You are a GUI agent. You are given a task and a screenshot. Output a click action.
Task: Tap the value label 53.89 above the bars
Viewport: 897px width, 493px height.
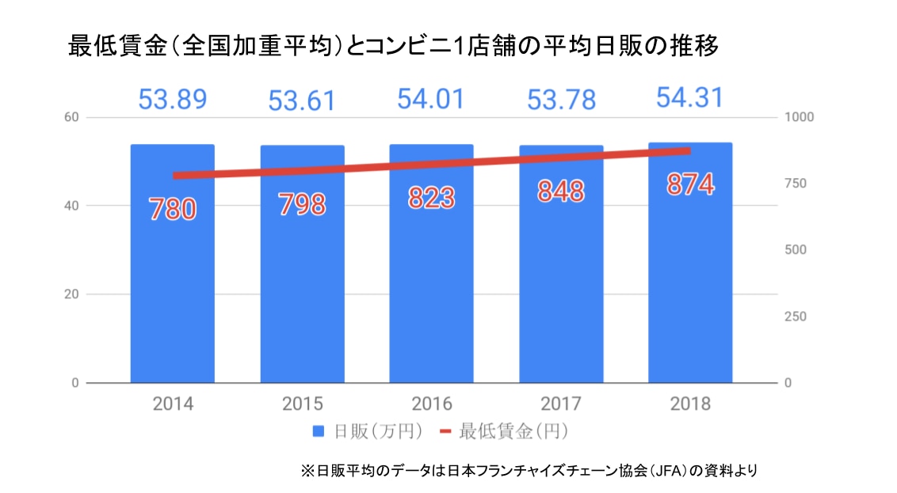click(172, 100)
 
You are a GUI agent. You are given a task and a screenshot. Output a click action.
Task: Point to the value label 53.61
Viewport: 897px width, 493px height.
click(302, 101)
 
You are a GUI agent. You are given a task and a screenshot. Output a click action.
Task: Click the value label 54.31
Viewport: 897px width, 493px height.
click(689, 97)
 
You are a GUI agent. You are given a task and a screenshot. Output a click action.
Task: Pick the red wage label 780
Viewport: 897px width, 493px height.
click(172, 210)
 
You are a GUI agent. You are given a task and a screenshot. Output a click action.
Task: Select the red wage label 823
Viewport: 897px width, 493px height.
click(431, 197)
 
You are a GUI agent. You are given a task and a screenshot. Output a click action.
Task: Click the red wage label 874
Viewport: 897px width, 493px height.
click(690, 184)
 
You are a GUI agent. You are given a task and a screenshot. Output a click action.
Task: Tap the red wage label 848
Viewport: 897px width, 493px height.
click(560, 191)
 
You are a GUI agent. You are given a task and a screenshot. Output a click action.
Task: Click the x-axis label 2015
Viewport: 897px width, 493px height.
click(302, 404)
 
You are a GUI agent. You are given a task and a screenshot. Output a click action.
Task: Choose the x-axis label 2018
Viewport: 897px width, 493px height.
click(690, 404)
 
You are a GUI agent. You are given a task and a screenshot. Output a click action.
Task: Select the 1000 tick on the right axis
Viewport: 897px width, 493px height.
click(799, 117)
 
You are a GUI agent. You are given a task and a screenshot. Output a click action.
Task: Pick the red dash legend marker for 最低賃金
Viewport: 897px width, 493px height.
click(445, 432)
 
